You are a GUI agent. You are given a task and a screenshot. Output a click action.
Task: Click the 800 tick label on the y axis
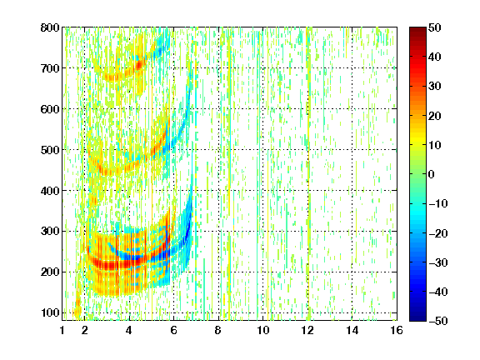coord(50,27)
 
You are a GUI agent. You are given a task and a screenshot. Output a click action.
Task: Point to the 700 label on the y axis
coord(50,68)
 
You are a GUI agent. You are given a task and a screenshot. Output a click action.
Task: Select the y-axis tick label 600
coord(50,109)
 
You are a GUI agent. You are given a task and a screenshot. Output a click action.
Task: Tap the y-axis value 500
coord(50,150)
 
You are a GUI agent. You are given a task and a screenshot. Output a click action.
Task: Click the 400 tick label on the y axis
coord(50,191)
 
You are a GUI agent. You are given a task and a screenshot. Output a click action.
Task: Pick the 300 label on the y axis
coord(50,231)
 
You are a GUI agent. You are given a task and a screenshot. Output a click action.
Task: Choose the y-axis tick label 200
coord(50,272)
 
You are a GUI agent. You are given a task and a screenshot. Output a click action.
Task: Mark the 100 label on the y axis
coord(50,312)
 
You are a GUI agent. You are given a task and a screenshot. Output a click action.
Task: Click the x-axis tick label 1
coord(62,330)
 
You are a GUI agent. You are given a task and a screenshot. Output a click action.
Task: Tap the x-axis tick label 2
coord(85,330)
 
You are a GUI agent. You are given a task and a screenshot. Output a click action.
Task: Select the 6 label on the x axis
coord(173,330)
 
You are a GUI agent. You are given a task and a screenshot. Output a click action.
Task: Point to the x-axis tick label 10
coord(263,330)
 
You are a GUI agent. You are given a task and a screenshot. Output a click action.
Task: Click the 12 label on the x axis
coord(307,330)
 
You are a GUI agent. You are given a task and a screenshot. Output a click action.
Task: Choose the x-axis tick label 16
coord(397,330)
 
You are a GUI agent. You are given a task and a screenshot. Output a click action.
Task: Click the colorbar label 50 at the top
coord(435,27)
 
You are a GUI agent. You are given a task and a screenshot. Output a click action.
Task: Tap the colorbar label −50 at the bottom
coord(438,321)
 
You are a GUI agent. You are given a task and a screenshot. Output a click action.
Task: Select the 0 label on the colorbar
coord(432,174)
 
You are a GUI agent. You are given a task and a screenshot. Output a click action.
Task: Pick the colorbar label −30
coord(438,262)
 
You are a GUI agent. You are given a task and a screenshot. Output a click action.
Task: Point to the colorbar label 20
coord(435,116)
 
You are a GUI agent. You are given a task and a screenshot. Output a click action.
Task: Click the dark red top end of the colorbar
coord(417,29)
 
